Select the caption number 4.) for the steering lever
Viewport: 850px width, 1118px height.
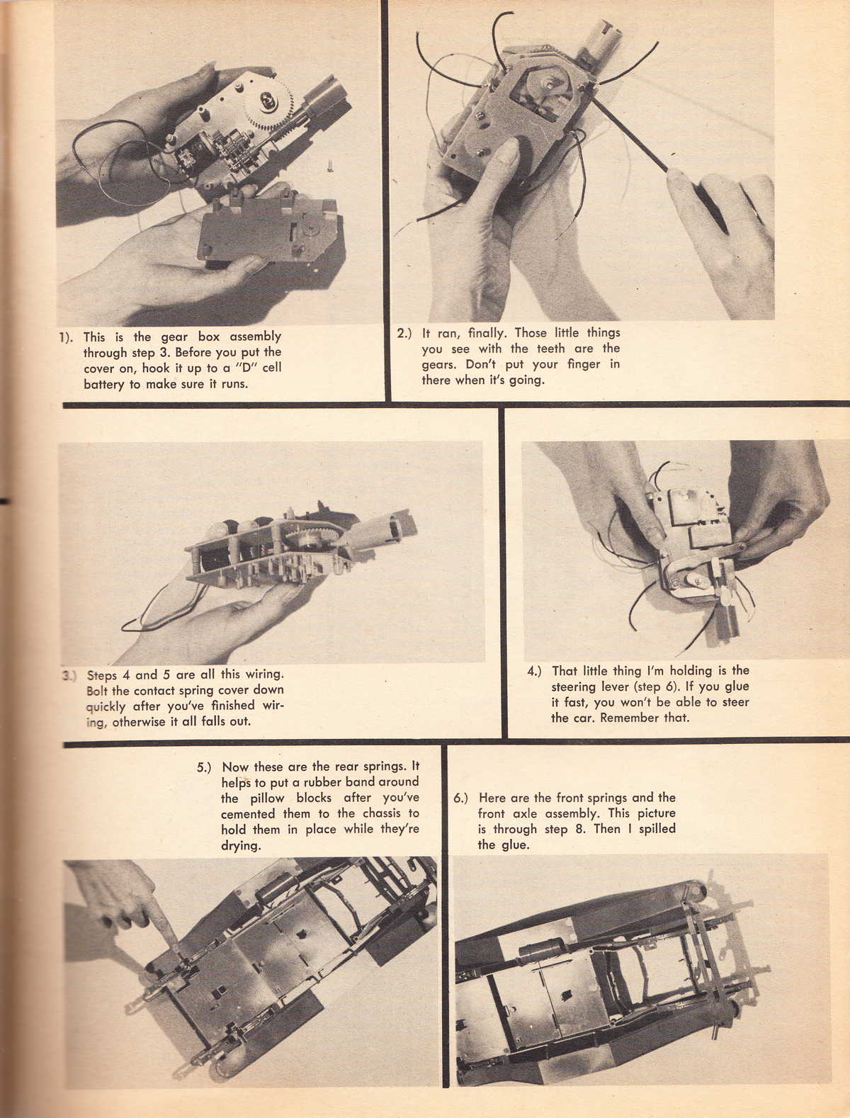[535, 671]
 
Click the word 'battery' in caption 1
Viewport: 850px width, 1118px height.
[104, 385]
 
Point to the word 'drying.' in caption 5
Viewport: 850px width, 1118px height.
[242, 845]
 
